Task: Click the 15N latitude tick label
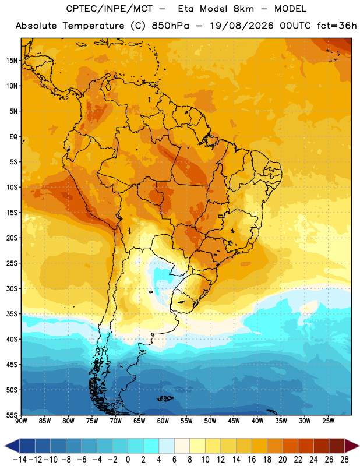tap(12, 61)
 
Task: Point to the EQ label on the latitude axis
tap(13, 137)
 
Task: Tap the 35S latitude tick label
tap(12, 314)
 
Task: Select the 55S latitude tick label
tap(12, 415)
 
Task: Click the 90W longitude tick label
tap(21, 421)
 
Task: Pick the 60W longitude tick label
tap(163, 421)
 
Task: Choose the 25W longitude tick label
tap(328, 421)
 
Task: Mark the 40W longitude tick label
tap(257, 421)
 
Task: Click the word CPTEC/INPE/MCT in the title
tap(109, 9)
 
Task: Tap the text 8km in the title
tap(243, 9)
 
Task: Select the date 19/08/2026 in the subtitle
tap(242, 26)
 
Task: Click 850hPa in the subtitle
tap(170, 26)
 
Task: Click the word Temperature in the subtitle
tap(93, 26)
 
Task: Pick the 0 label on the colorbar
tap(128, 460)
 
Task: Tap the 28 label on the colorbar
tap(344, 460)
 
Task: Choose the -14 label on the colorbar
tap(20, 460)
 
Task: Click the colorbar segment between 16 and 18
tap(259, 446)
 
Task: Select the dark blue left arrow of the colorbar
tap(12, 446)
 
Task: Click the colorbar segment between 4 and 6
tap(167, 446)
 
